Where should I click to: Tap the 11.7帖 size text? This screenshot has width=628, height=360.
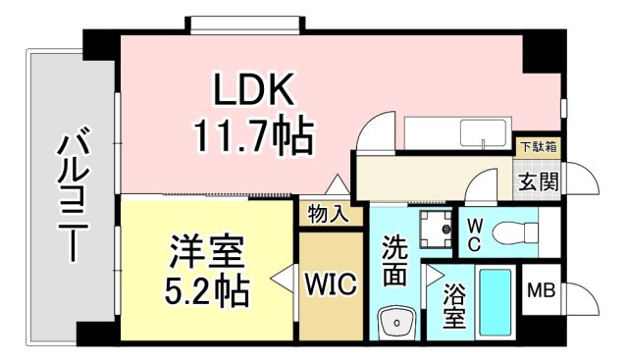(x=255, y=136)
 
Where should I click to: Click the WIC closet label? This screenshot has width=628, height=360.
(x=329, y=284)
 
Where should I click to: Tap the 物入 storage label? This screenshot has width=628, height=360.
(x=327, y=214)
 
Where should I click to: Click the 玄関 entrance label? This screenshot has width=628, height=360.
(x=539, y=180)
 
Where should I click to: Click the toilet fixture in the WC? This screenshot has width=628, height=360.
(x=513, y=232)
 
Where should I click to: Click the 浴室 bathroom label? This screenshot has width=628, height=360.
(x=453, y=307)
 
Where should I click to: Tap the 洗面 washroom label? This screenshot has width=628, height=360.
(x=394, y=262)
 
